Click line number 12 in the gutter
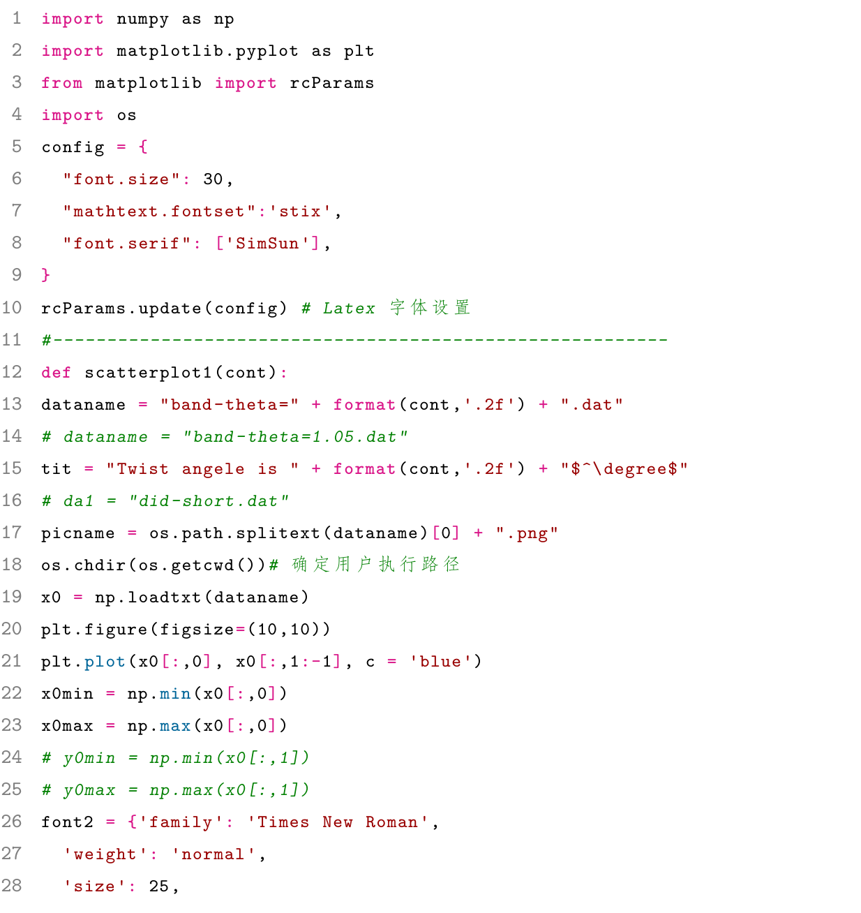point(11,371)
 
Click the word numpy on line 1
point(142,20)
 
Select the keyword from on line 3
point(62,83)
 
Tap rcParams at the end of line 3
point(332,83)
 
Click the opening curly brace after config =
point(143,147)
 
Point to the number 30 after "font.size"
point(214,179)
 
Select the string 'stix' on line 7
point(300,211)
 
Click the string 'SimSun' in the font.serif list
point(267,243)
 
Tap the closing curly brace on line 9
point(45,275)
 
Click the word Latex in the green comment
point(349,308)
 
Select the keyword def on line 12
point(56,372)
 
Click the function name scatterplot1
point(148,372)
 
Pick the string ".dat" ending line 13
point(592,404)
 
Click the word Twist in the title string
point(142,468)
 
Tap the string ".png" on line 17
point(527,533)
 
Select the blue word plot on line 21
point(105,662)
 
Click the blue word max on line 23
point(175,725)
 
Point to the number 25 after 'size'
point(159,886)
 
